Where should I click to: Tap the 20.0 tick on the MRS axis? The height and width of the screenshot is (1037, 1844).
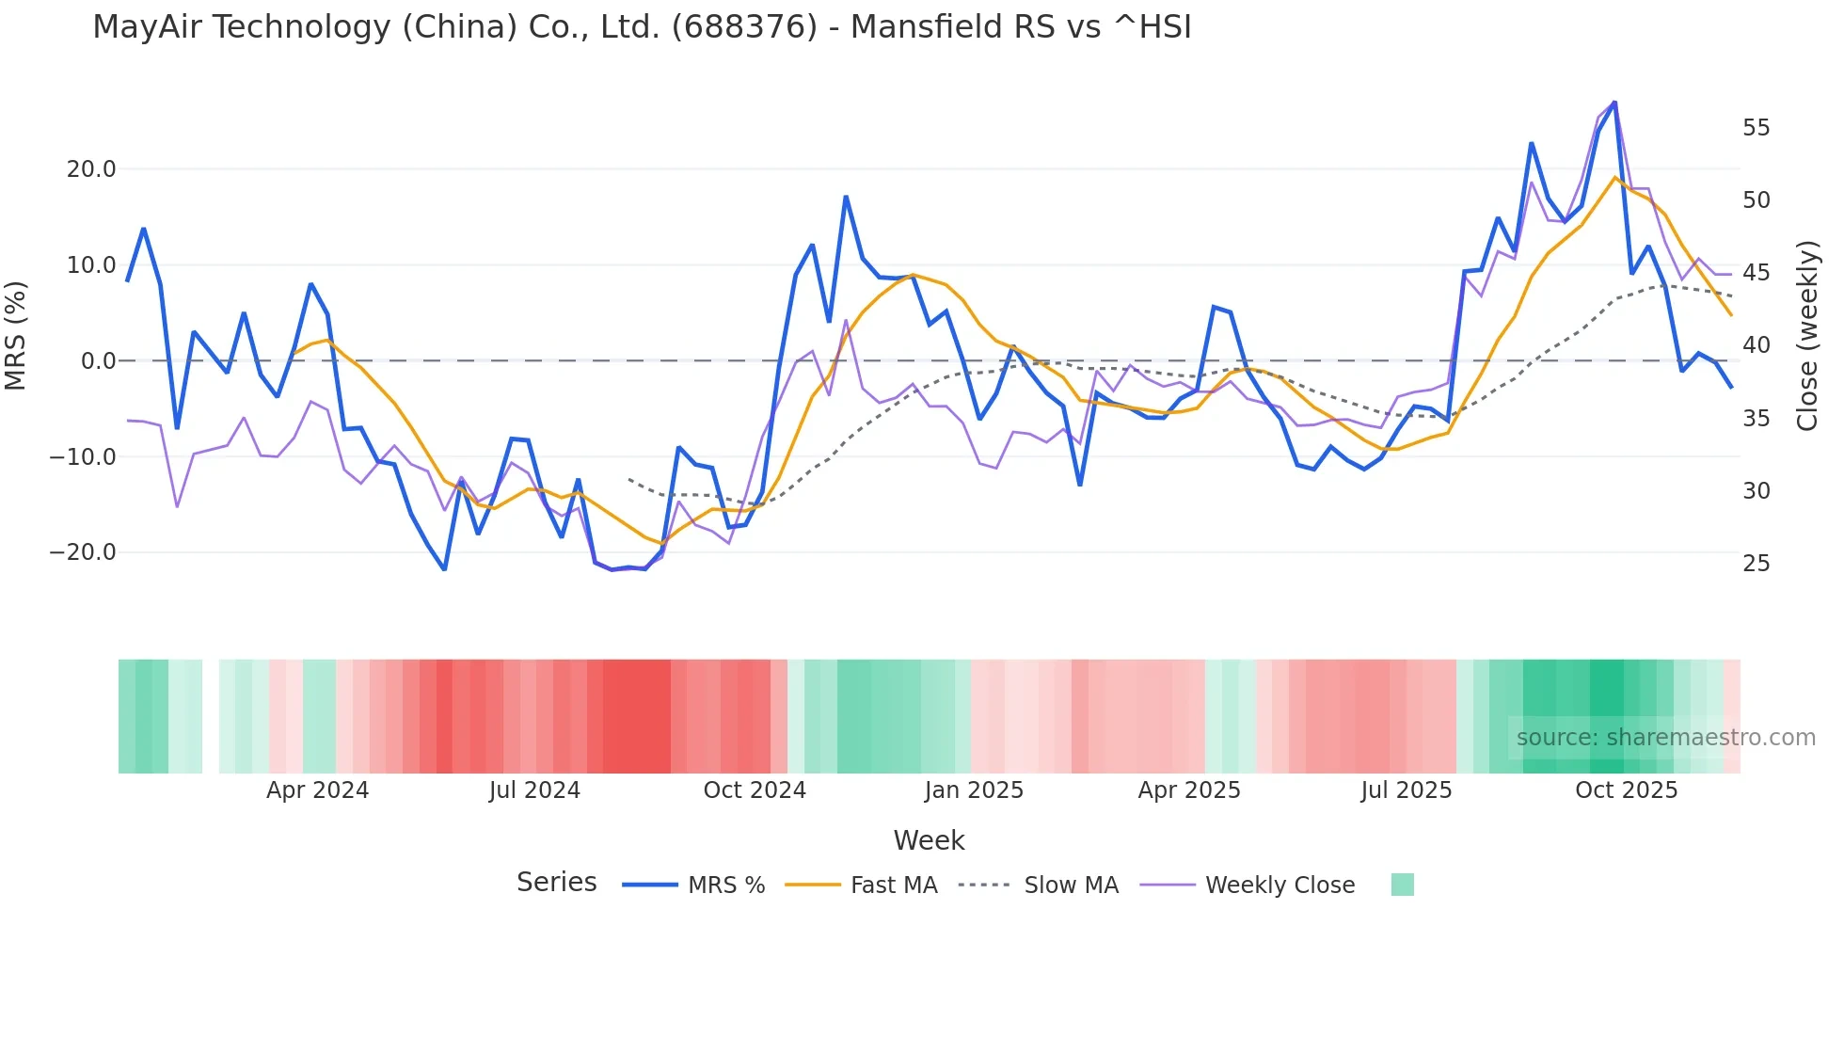click(90, 169)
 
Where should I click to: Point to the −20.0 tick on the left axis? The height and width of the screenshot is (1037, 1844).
click(83, 552)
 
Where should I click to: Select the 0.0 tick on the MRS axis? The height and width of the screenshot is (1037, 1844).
click(98, 361)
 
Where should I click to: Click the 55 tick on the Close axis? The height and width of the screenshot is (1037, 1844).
click(1756, 128)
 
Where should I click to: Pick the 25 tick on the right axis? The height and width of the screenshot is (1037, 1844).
click(1756, 564)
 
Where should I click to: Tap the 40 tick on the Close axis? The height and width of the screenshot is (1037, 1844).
click(1756, 345)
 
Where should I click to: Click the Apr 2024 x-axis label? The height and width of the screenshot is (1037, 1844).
click(317, 790)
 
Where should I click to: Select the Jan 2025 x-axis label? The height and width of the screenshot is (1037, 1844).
click(973, 790)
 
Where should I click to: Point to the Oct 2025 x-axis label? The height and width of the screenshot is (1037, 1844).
click(1626, 790)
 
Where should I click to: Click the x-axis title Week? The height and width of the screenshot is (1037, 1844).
click(929, 840)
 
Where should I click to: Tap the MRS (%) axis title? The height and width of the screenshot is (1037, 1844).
click(16, 335)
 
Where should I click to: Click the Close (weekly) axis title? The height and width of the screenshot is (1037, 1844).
click(1806, 335)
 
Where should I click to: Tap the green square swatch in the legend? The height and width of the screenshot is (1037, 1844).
click(1402, 885)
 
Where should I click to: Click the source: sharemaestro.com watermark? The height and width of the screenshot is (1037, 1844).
click(1665, 738)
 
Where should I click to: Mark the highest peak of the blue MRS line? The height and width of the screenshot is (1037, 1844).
click(1614, 103)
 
